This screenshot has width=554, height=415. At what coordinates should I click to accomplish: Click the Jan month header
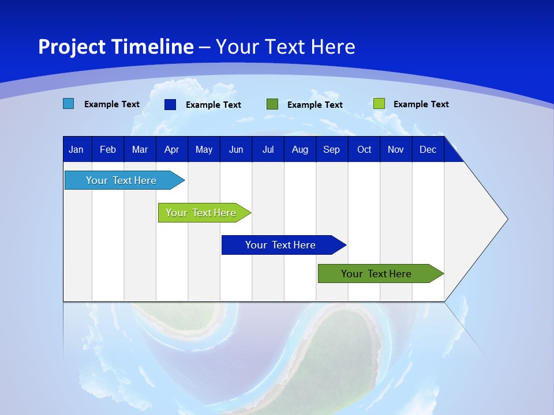coord(77,149)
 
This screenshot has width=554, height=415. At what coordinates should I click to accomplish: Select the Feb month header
coord(108,149)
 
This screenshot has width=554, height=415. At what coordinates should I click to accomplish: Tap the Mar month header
coord(140,149)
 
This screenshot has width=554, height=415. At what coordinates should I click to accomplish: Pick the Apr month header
coord(171,149)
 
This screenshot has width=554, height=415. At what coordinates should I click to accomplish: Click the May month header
coord(204,149)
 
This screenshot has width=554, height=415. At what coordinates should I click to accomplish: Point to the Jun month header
coord(236,149)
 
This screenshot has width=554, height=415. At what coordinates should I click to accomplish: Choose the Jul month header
coord(268,149)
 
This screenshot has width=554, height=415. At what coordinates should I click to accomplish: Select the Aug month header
coord(300,149)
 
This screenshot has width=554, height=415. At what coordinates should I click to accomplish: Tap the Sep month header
coord(331,149)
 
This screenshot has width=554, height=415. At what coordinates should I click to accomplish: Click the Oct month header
coord(364,149)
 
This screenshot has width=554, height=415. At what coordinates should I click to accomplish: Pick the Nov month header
coord(396,149)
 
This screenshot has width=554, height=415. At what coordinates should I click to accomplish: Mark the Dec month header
coord(428,149)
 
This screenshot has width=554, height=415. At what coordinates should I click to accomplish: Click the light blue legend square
coord(69,104)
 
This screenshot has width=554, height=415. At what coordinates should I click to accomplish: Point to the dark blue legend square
coord(170,104)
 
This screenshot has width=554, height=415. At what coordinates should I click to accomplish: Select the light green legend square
coord(379,104)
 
